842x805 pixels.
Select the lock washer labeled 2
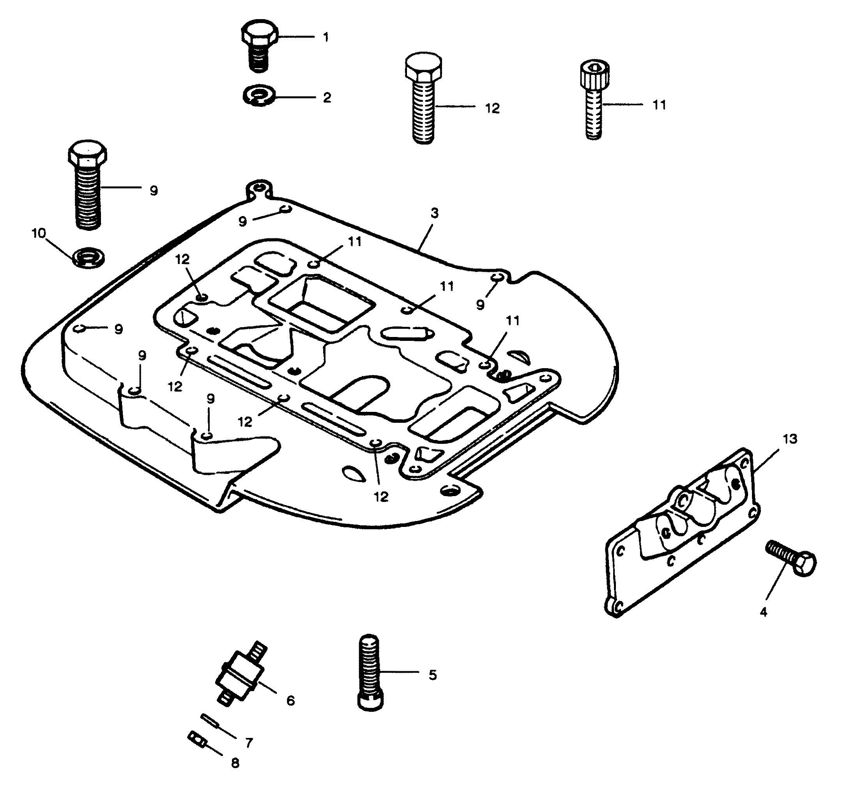258,96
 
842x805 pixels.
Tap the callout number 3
435,213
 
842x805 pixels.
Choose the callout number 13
790,439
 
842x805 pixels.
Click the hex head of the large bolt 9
87,154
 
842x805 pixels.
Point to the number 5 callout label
432,675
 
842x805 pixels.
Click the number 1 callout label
326,37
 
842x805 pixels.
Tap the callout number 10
39,234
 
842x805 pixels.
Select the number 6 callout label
290,701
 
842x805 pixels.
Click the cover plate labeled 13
682,532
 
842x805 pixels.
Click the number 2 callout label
327,98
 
